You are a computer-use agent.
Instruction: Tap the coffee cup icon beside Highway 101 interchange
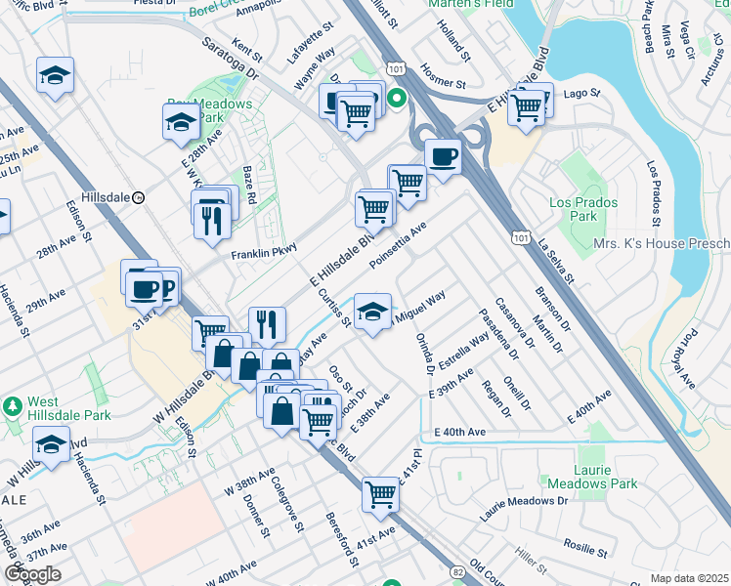443,156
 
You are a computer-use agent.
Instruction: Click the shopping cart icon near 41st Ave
380,493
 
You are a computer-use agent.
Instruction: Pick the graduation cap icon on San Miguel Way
371,313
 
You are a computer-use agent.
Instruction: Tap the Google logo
32,574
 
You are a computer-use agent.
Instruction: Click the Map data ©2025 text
689,578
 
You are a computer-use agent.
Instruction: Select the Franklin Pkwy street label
263,254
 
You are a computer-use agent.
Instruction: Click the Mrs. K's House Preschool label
662,242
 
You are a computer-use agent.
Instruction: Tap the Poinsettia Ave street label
399,245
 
